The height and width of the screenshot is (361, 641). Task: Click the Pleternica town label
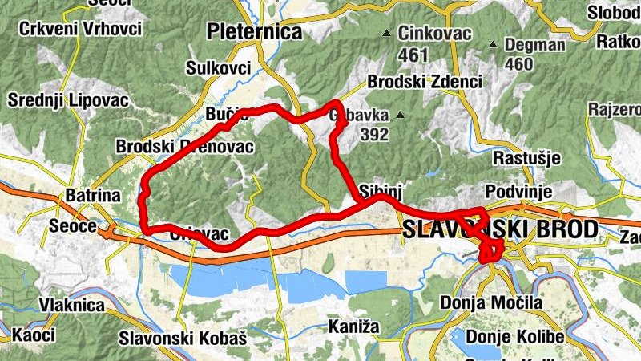point(254,32)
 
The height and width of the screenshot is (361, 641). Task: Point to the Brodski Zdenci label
point(425,82)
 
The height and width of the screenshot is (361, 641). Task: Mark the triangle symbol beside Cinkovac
point(387,34)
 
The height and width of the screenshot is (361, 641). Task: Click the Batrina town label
point(92,197)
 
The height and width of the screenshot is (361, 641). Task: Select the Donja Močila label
point(491,303)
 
